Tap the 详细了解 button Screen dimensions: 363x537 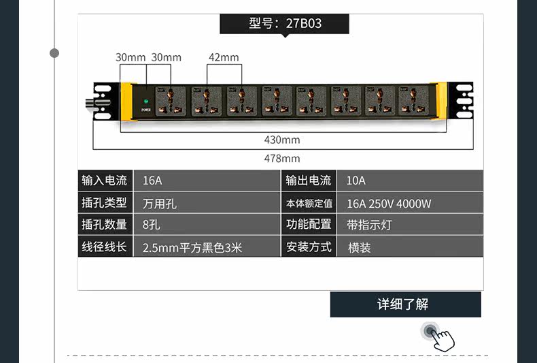coord(405,304)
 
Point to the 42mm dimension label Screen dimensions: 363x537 coord(224,57)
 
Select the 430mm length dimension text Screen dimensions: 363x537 coord(281,140)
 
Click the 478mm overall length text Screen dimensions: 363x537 coord(281,159)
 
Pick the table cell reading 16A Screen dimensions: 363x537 coord(206,180)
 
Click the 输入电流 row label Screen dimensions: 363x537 coord(105,180)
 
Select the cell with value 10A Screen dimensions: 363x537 coord(410,180)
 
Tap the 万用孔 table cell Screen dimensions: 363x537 coord(206,203)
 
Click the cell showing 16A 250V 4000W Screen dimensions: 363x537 coord(410,203)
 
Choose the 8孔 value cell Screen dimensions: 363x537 coord(206,225)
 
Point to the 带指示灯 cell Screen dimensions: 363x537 coord(410,225)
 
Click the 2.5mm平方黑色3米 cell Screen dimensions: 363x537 coord(206,247)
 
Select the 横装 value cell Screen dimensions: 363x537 coord(410,247)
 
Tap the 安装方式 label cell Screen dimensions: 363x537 coord(309,247)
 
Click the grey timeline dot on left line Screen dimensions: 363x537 coord(54,53)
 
